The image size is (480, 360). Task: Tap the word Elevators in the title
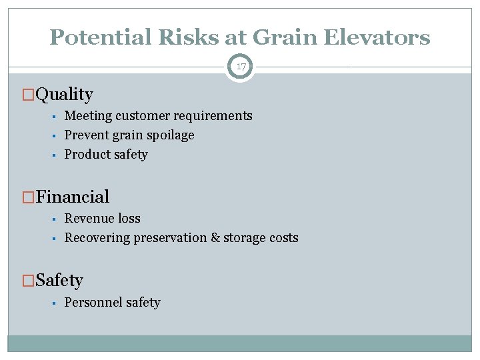[x=377, y=37]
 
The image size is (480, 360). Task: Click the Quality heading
[x=64, y=95]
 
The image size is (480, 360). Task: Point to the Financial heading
[x=73, y=197]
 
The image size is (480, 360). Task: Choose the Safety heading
[x=59, y=280]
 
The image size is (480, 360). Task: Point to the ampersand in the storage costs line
[x=215, y=238]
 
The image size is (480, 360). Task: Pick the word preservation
[x=169, y=238]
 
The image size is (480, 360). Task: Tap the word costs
[x=283, y=238]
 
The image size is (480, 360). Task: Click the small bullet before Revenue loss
[x=53, y=219]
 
